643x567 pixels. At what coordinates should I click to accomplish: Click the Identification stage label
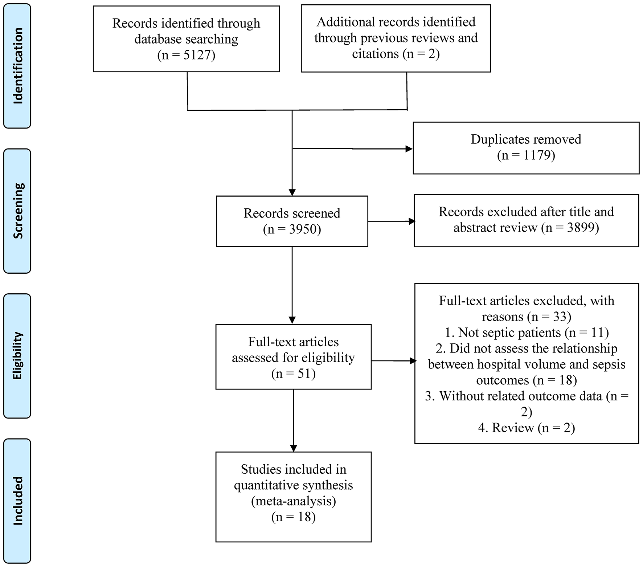tap(17, 66)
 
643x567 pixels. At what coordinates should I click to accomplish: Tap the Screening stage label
tap(17, 211)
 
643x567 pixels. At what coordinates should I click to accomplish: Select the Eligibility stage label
tap(17, 356)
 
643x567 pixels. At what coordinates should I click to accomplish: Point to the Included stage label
tap(17, 501)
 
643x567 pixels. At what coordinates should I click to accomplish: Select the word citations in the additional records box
tap(376, 54)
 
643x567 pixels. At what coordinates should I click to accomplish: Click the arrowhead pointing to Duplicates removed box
tap(409, 149)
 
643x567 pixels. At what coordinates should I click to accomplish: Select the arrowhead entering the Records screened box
tap(292, 192)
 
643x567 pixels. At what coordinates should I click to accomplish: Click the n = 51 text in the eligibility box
tap(293, 374)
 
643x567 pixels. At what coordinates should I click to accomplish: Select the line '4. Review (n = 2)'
tap(526, 428)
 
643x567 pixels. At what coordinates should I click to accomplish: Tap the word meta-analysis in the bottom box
tap(293, 501)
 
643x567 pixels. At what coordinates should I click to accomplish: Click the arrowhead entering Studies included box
tap(293, 448)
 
